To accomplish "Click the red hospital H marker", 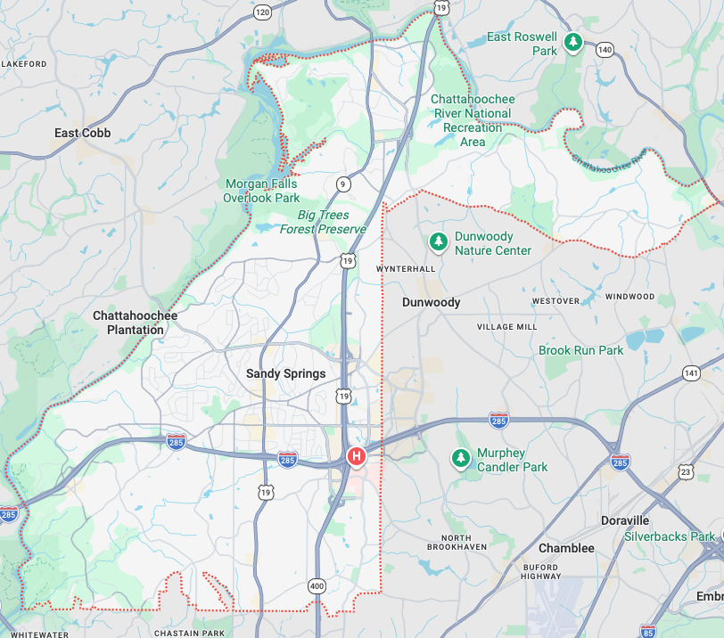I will (x=357, y=456).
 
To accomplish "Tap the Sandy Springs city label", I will (x=286, y=373).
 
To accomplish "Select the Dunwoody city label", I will (x=431, y=302).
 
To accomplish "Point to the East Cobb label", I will (x=83, y=134).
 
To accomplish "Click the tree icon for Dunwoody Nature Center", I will (x=438, y=241).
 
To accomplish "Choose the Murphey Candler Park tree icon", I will (x=460, y=458).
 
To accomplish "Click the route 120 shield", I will (x=261, y=12).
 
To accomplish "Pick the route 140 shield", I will (x=605, y=49).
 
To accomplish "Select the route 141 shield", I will (x=690, y=372).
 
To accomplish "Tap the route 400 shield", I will (x=317, y=586).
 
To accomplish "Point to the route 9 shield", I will (x=343, y=184).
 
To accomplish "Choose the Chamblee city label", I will (x=566, y=548).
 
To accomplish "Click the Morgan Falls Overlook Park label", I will (x=260, y=191).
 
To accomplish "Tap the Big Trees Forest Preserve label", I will (x=323, y=222).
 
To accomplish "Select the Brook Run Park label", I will (x=581, y=350).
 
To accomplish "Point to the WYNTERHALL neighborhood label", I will (x=406, y=268).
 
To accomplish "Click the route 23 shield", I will (x=685, y=470).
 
